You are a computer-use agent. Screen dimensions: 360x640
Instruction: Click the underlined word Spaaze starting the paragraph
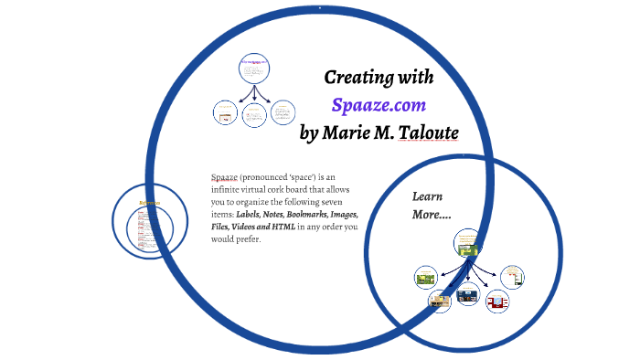[x=225, y=176]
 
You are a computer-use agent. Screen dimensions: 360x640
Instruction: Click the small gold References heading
[x=149, y=204]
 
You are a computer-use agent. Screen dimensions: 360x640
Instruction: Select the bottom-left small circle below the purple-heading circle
[x=224, y=112]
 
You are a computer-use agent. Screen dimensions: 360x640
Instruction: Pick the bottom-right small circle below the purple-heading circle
[x=283, y=111]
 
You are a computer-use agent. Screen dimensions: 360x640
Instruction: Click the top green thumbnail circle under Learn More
[x=468, y=243]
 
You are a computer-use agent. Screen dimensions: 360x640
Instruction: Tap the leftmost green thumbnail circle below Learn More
[x=424, y=277]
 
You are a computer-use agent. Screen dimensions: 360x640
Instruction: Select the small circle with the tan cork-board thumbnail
[x=440, y=299]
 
